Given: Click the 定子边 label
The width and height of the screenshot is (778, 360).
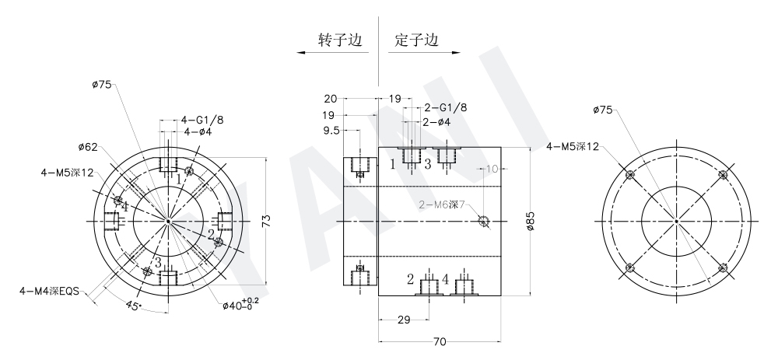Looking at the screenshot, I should tap(416, 40).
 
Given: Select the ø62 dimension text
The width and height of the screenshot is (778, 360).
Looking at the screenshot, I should tap(88, 146).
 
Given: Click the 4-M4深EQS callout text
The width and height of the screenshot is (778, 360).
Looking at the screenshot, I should tap(52, 290).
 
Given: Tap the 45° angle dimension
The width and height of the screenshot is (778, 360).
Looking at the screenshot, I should tap(132, 306).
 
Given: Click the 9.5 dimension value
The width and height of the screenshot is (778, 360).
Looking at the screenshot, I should tap(332, 131).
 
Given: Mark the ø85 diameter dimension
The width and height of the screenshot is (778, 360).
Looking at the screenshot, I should tap(531, 222).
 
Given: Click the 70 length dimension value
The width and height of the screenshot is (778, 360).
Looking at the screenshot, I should tap(439, 341).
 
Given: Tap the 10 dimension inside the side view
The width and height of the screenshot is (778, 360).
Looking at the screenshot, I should tap(491, 168).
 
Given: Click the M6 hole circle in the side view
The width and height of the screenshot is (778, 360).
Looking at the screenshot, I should tap(484, 222).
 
